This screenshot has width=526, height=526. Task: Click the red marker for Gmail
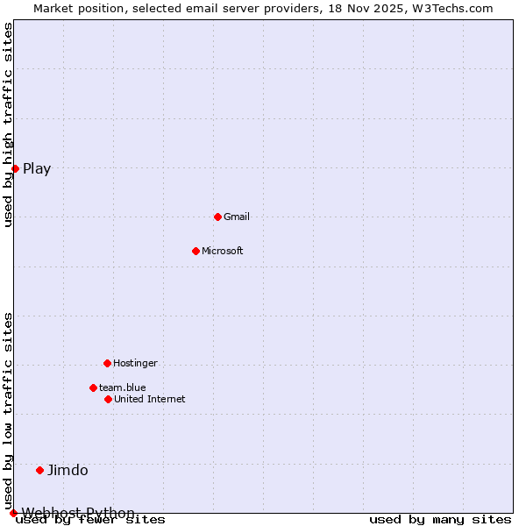point(217,217)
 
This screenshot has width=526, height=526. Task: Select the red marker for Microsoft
point(195,251)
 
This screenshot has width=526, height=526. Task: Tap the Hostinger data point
point(107,363)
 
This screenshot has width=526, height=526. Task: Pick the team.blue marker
point(93,387)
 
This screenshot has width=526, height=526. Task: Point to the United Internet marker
point(108,399)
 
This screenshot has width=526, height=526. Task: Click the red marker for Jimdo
point(39,470)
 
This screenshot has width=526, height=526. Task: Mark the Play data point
point(15,168)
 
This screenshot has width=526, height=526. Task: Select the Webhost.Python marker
point(13,513)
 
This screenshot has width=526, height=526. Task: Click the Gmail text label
point(237,217)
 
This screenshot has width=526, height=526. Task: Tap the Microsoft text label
point(223,251)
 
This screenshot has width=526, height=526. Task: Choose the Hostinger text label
point(135,363)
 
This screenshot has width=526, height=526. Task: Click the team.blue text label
point(123,387)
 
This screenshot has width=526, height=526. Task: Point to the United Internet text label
point(150,399)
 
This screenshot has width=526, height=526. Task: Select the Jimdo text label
point(68,470)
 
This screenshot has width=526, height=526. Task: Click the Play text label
point(37,168)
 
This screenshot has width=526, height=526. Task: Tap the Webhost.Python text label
point(78,513)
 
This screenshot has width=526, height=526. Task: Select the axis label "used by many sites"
point(440,520)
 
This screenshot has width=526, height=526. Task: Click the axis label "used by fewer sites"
point(90,520)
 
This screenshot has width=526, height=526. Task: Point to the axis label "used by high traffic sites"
point(8,124)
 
